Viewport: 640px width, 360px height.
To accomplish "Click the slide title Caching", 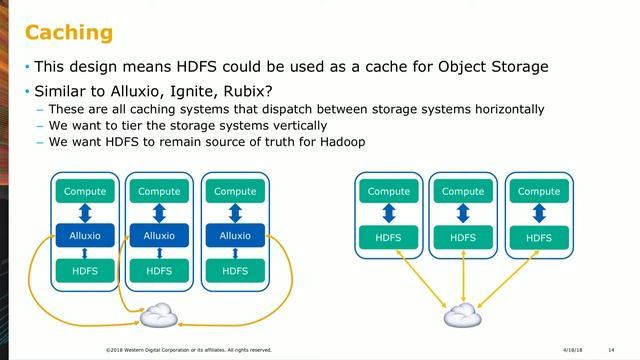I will pyautogui.click(x=69, y=34).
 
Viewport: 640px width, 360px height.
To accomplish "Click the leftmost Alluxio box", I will pyautogui.click(x=83, y=235).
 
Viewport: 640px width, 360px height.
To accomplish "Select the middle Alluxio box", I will pyautogui.click(x=159, y=235).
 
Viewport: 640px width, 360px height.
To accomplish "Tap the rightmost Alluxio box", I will pyautogui.click(x=235, y=235).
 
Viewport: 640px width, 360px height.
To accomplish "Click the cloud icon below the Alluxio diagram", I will pyautogui.click(x=159, y=316).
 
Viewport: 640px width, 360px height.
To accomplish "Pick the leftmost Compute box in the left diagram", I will pyautogui.click(x=83, y=191).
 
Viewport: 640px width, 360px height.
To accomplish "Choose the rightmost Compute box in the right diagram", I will pyautogui.click(x=539, y=191).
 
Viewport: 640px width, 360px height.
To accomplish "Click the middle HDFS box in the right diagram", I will pyautogui.click(x=463, y=237).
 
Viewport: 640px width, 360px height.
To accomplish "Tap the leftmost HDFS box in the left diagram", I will pyautogui.click(x=83, y=270).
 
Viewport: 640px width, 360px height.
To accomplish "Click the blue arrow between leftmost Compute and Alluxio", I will pyautogui.click(x=83, y=213).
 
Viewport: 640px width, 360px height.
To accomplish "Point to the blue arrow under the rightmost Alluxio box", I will pyautogui.click(x=235, y=253).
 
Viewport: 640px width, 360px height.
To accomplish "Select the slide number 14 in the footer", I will pyautogui.click(x=610, y=350).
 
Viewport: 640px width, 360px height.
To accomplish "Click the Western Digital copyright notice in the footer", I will pyautogui.click(x=188, y=350).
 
